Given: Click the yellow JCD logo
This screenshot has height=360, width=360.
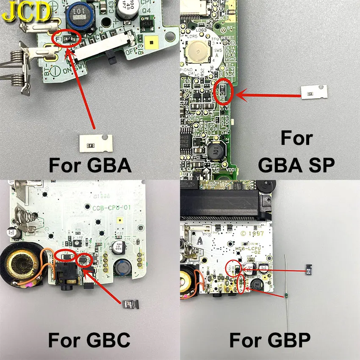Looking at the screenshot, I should pos(26,13).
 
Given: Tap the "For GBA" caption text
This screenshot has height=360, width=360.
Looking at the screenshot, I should pos(90,165).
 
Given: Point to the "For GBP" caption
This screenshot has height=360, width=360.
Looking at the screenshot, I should pos(270,340).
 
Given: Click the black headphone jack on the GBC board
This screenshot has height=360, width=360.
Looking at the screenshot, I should pos(68,277).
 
